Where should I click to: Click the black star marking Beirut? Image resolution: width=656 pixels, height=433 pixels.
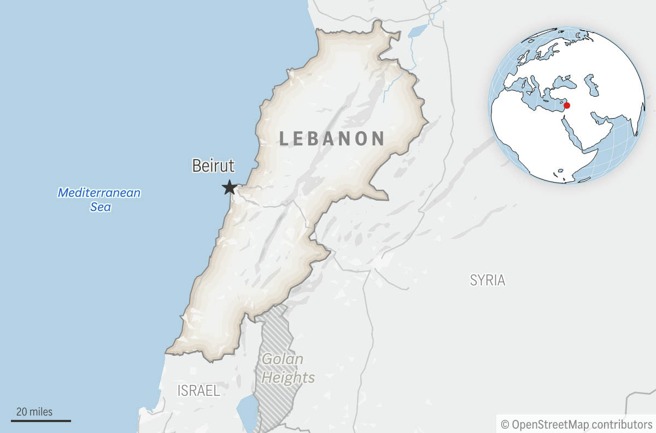click(229, 188)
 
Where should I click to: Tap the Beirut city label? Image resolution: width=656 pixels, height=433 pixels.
click(213, 166)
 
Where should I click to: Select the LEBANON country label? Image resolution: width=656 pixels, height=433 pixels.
click(332, 138)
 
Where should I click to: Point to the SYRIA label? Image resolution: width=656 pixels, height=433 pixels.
click(488, 280)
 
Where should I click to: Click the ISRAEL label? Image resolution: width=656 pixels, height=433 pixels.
click(198, 390)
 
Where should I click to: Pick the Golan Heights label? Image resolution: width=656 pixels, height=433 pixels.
click(288, 368)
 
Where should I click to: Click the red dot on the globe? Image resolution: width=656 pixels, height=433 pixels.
click(567, 105)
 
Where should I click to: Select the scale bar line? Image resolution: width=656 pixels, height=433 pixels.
click(41, 420)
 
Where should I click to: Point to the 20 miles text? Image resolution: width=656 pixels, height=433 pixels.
click(34, 412)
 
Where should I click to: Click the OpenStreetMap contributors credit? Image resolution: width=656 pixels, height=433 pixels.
click(576, 424)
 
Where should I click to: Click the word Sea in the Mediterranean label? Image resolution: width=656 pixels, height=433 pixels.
click(101, 207)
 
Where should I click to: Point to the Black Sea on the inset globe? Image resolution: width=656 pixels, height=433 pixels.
click(563, 82)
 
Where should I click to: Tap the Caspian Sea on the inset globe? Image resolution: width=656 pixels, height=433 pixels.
click(591, 85)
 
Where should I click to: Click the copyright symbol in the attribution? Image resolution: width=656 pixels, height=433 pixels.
click(505, 424)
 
